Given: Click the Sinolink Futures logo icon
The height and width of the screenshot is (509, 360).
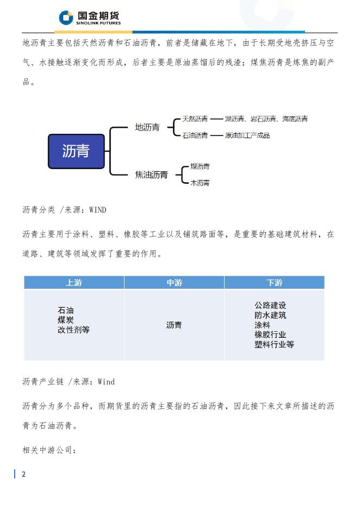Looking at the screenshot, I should pyautogui.click(x=66, y=18).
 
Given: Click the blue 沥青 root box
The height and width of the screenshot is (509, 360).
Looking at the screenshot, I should pyautogui.click(x=76, y=151).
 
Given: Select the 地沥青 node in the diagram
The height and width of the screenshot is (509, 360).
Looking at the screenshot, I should pyautogui.click(x=147, y=127).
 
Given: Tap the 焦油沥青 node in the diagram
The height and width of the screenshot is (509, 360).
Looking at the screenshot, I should pyautogui.click(x=151, y=175).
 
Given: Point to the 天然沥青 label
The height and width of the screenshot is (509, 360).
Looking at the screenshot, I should pyautogui.click(x=195, y=119).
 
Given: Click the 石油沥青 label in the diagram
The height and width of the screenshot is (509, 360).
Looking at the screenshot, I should pyautogui.click(x=195, y=135).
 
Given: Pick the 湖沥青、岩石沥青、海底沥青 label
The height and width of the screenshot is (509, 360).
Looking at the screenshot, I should pyautogui.click(x=266, y=119).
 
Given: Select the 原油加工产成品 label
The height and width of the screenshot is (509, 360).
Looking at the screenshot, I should pyautogui.click(x=247, y=135).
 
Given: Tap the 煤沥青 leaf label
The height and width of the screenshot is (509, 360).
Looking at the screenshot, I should pyautogui.click(x=200, y=166).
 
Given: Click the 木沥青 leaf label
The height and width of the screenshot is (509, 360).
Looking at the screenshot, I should pyautogui.click(x=200, y=183).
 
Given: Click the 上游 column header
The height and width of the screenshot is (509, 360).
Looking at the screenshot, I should pyautogui.click(x=74, y=283).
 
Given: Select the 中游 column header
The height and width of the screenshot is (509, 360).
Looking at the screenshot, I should pyautogui.click(x=174, y=283).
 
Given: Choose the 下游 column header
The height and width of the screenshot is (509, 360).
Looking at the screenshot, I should pyautogui.click(x=274, y=283).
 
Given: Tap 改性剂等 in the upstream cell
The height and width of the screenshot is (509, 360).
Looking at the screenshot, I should pyautogui.click(x=74, y=330).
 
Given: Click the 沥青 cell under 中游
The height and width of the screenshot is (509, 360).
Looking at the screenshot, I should pyautogui.click(x=174, y=325).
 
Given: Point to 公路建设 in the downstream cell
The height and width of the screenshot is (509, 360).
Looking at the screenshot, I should pyautogui.click(x=270, y=306).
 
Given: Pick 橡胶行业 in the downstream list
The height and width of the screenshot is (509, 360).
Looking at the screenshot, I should pyautogui.click(x=270, y=335).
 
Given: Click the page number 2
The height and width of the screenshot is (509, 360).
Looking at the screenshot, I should pyautogui.click(x=23, y=474).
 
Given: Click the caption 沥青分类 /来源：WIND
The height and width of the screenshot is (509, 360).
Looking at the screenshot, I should pyautogui.click(x=64, y=210).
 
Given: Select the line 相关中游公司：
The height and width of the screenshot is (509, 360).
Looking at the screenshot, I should pyautogui.click(x=49, y=450).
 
